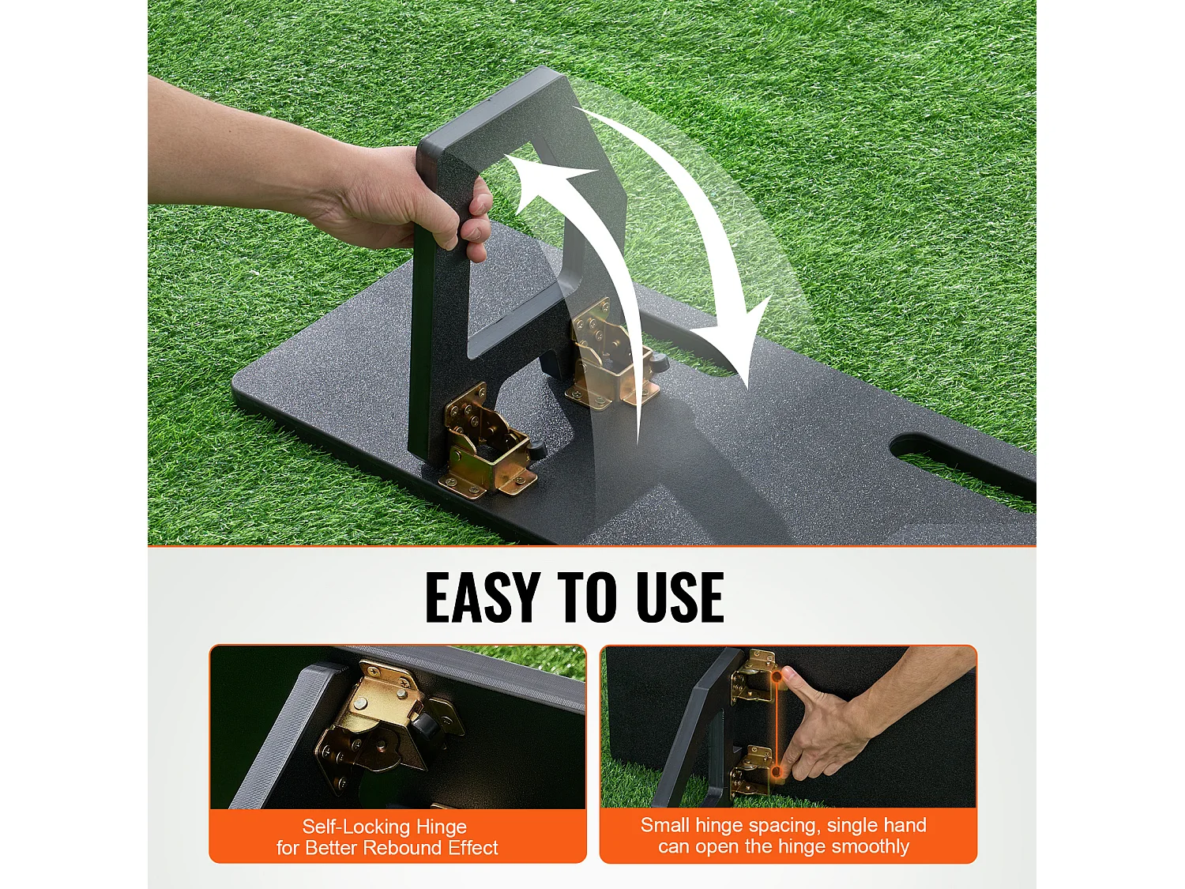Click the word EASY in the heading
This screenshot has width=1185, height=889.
point(483,597)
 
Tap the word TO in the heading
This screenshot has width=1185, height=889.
point(588,597)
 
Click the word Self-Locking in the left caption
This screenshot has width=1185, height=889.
point(354,827)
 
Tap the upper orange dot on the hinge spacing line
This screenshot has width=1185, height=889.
point(777,676)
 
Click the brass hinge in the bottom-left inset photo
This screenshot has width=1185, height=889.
point(386,721)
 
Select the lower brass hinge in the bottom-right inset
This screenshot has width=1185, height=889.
point(751,772)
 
